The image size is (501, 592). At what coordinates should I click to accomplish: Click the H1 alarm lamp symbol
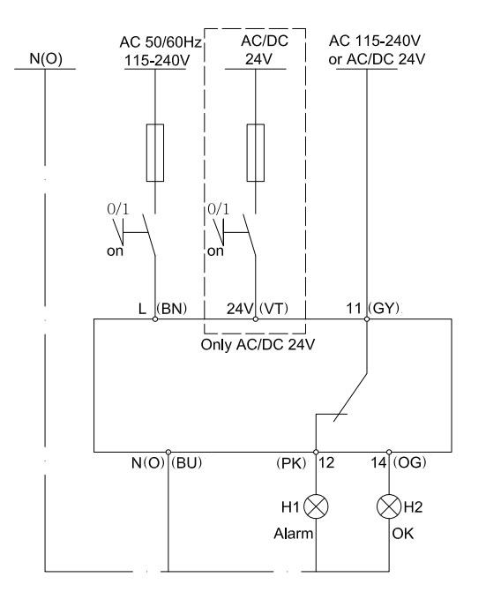point(316,506)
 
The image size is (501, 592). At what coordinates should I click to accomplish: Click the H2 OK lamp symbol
point(389,506)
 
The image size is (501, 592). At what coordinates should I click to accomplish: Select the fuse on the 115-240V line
point(154,153)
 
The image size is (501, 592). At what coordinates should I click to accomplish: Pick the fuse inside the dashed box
point(256,153)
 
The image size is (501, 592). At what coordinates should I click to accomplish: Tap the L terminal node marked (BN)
point(154,319)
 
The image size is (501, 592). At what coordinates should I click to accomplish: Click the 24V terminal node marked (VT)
point(256,319)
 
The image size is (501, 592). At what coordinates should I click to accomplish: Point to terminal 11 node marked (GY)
point(367,319)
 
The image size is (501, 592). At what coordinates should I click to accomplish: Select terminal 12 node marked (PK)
point(316,452)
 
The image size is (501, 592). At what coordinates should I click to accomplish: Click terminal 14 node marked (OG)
point(389,452)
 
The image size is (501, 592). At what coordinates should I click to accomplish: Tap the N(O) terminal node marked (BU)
point(168,452)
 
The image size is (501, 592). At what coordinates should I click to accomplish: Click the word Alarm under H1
point(294,534)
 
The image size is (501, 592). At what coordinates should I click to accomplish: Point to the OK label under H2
point(403,534)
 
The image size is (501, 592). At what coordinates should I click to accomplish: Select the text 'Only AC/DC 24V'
point(258,344)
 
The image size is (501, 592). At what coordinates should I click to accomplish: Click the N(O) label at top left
point(46,58)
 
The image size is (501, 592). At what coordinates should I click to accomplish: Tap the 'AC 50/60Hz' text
point(161,42)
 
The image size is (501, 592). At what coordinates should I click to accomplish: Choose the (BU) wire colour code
point(186,462)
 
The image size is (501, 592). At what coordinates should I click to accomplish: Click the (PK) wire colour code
point(291,463)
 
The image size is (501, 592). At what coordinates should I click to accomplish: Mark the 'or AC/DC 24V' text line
point(377,59)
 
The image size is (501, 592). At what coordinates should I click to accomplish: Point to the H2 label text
point(413,507)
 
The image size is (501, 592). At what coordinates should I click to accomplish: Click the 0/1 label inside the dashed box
point(218,209)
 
